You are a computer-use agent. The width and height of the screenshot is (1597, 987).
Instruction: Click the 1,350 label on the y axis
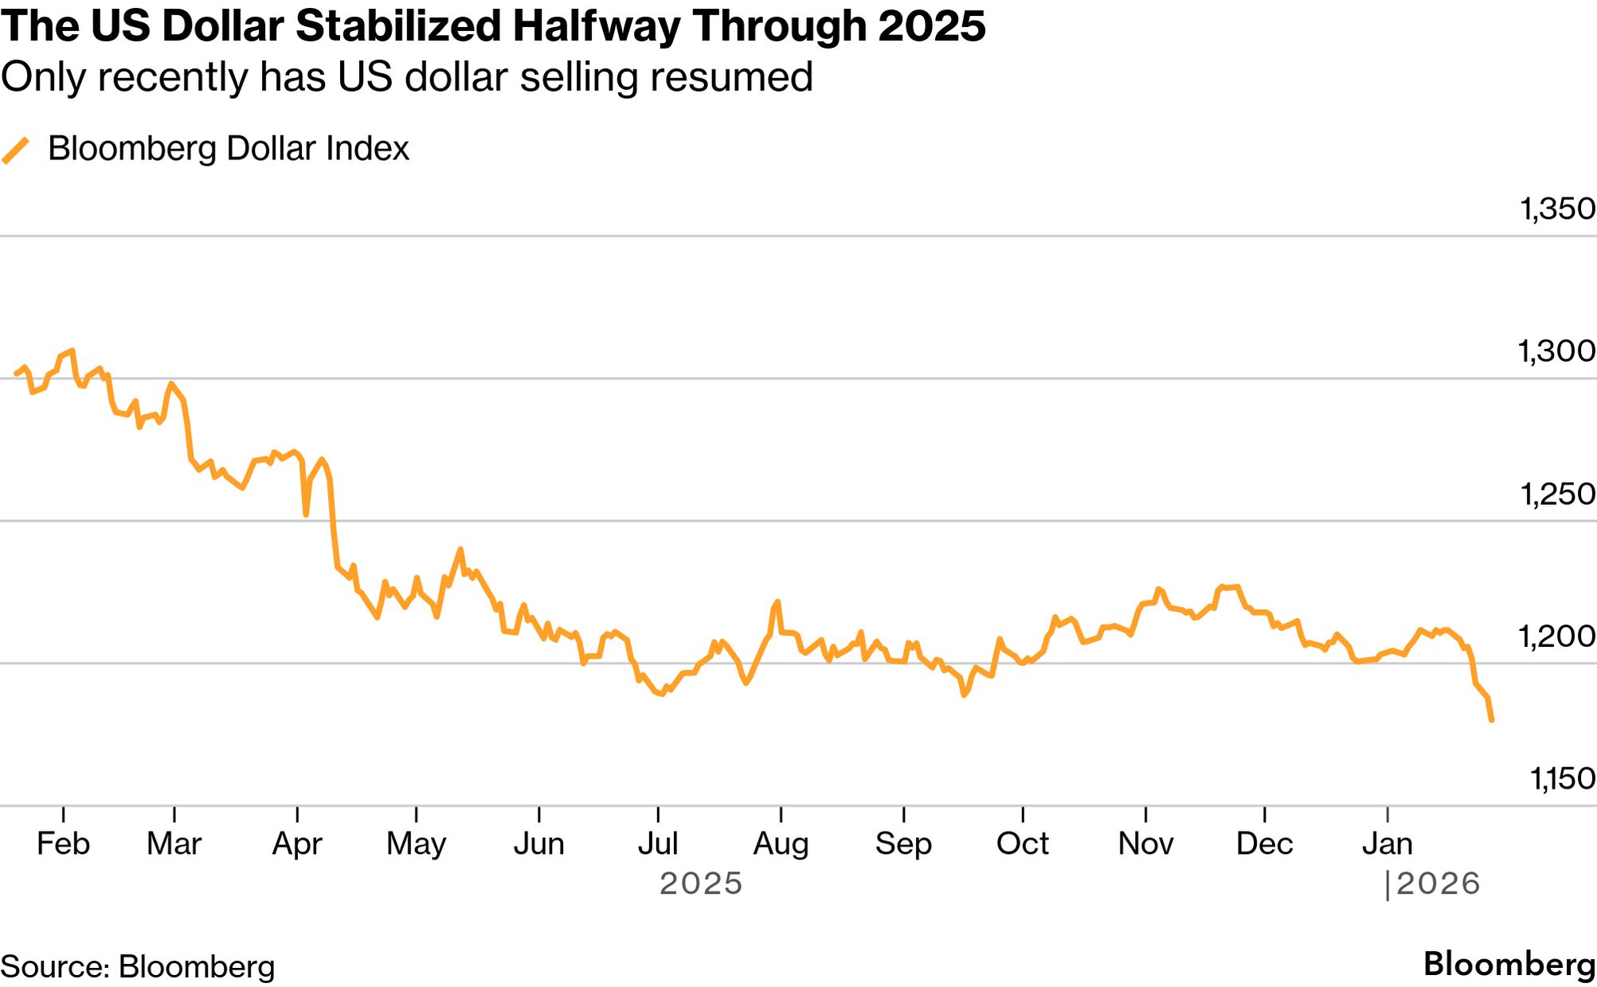click(x=1557, y=209)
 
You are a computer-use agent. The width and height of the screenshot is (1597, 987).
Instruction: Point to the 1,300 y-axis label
click(x=1556, y=351)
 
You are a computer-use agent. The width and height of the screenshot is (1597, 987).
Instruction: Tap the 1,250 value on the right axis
click(x=1557, y=494)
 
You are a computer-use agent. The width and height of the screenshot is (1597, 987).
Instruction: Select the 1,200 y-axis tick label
click(x=1556, y=636)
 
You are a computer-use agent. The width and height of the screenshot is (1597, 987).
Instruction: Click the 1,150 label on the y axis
click(x=1562, y=779)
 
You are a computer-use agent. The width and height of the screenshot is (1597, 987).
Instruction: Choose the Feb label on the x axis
click(x=63, y=844)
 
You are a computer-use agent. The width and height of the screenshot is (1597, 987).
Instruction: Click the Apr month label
click(x=297, y=844)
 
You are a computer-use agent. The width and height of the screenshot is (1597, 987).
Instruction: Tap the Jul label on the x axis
click(x=658, y=844)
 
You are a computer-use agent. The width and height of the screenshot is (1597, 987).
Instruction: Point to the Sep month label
click(x=903, y=844)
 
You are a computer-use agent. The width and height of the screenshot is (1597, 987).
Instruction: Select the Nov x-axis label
click(x=1145, y=844)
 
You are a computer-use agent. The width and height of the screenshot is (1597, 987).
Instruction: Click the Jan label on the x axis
click(x=1388, y=844)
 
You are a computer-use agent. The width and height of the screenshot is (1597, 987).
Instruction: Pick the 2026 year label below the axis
click(x=1438, y=883)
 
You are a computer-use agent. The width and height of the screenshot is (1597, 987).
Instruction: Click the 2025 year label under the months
click(x=701, y=883)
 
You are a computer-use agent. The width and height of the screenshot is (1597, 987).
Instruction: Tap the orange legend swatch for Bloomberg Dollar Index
click(x=16, y=150)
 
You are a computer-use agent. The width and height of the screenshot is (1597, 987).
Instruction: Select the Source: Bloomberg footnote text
click(x=138, y=966)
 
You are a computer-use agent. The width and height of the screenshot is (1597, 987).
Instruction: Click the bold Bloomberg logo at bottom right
click(x=1509, y=964)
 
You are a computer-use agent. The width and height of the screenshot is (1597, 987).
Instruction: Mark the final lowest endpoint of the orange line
click(x=1491, y=720)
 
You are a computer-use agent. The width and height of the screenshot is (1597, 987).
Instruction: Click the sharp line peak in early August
click(x=777, y=602)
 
